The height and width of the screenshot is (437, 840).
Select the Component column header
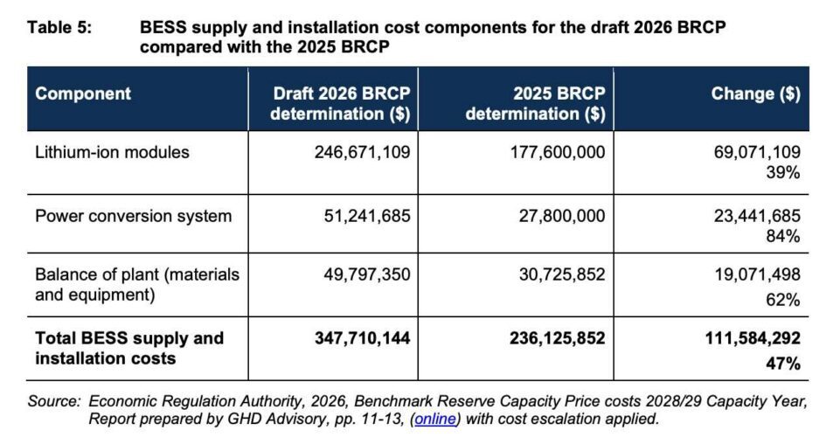(x=83, y=94)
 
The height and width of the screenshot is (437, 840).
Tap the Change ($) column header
(x=756, y=94)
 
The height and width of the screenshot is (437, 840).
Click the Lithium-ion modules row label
(x=112, y=153)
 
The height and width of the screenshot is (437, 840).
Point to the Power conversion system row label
(x=133, y=216)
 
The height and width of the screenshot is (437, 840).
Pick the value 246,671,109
(x=362, y=153)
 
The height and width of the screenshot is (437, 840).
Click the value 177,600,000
(x=557, y=153)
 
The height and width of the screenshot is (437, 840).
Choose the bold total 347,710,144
(x=362, y=338)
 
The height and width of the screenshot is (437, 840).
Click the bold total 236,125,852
(x=557, y=338)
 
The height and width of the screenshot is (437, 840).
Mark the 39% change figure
(x=784, y=173)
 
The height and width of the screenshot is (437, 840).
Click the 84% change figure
(x=784, y=236)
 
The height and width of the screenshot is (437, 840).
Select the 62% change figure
(x=784, y=300)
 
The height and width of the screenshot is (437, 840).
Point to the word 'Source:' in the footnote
(x=54, y=402)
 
